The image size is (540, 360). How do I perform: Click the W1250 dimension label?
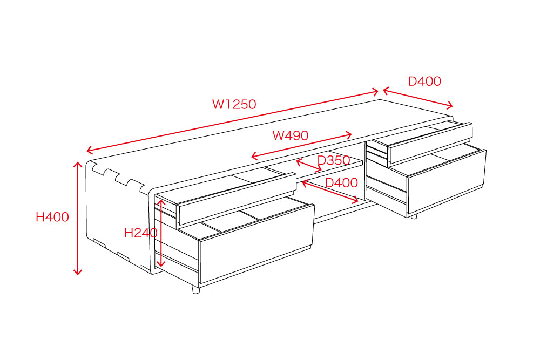(234, 104)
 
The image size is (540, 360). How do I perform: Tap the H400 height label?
(52, 217)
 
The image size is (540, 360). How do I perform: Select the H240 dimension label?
(140, 233)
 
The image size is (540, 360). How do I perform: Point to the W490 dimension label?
(291, 135)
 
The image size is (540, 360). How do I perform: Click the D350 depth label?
(334, 160)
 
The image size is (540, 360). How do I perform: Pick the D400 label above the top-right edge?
(424, 81)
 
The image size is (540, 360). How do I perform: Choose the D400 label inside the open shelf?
(341, 182)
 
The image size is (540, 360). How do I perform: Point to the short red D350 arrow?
(309, 165)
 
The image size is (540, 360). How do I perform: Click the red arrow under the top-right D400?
(418, 98)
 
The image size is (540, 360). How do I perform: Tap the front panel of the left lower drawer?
(257, 243)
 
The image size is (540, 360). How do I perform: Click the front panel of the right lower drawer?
(447, 181)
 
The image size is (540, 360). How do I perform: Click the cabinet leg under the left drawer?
(195, 290)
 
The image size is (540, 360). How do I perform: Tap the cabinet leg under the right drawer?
(414, 216)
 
